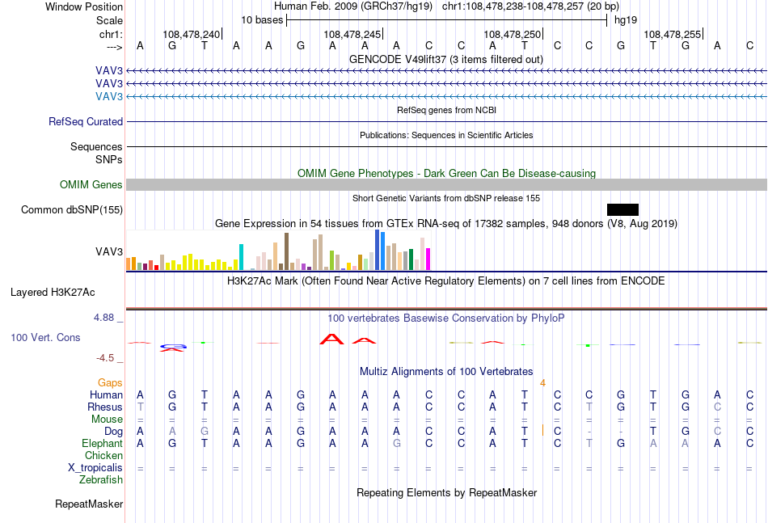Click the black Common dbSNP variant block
[x=622, y=209]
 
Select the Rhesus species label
[x=105, y=407]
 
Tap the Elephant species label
[x=103, y=443]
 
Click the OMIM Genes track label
[x=91, y=184]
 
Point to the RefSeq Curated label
[x=86, y=121]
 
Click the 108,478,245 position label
[x=352, y=34]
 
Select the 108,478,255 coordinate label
[x=672, y=34]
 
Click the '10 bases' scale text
[x=262, y=20]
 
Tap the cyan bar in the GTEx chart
[x=241, y=257]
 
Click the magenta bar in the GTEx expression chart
[x=428, y=259]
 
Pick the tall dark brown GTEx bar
[x=286, y=251]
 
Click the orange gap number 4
[x=542, y=383]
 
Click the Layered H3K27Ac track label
[x=53, y=293]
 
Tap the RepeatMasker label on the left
[x=89, y=504]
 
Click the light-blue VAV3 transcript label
[x=109, y=96]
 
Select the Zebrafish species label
[x=101, y=480]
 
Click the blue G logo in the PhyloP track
[x=173, y=347]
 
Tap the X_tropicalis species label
[x=95, y=468]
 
